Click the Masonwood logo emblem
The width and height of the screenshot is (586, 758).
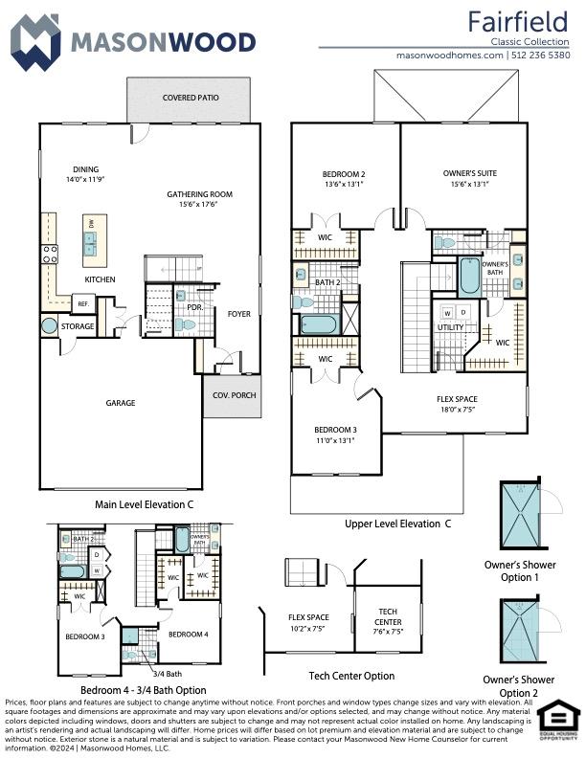[34, 41]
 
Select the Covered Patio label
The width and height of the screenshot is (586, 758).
[189, 98]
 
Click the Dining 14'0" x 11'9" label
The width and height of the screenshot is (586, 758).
[85, 174]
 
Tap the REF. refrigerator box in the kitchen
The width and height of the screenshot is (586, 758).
[83, 304]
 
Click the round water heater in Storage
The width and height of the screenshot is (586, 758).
[49, 326]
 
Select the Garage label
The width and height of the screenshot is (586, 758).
[121, 403]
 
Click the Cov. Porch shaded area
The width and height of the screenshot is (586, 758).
[231, 395]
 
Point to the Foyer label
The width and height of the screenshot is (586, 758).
[238, 313]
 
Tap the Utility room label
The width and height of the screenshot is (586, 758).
[450, 327]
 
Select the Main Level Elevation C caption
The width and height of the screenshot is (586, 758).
[145, 503]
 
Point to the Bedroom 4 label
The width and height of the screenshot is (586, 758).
[187, 634]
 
